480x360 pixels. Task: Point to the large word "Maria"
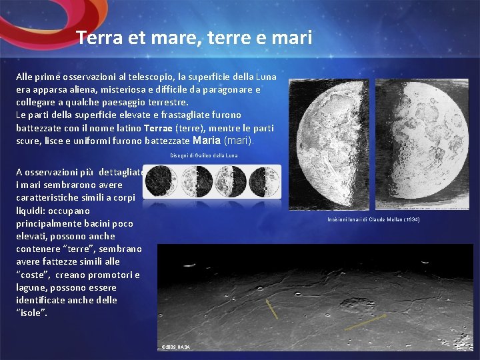pos(207,141)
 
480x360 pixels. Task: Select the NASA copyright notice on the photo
pos(176,347)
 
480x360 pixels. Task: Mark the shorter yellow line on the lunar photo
pos(271,309)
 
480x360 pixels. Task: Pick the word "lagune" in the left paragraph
pos(32,287)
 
